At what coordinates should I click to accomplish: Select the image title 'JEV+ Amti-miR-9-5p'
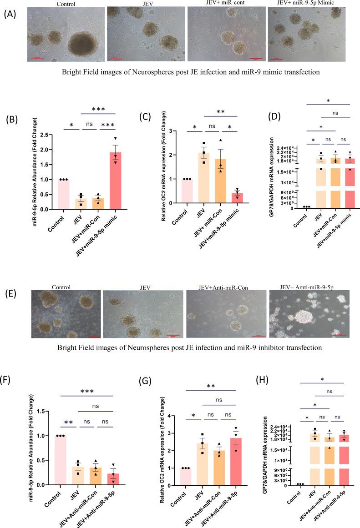pos(309,287)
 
